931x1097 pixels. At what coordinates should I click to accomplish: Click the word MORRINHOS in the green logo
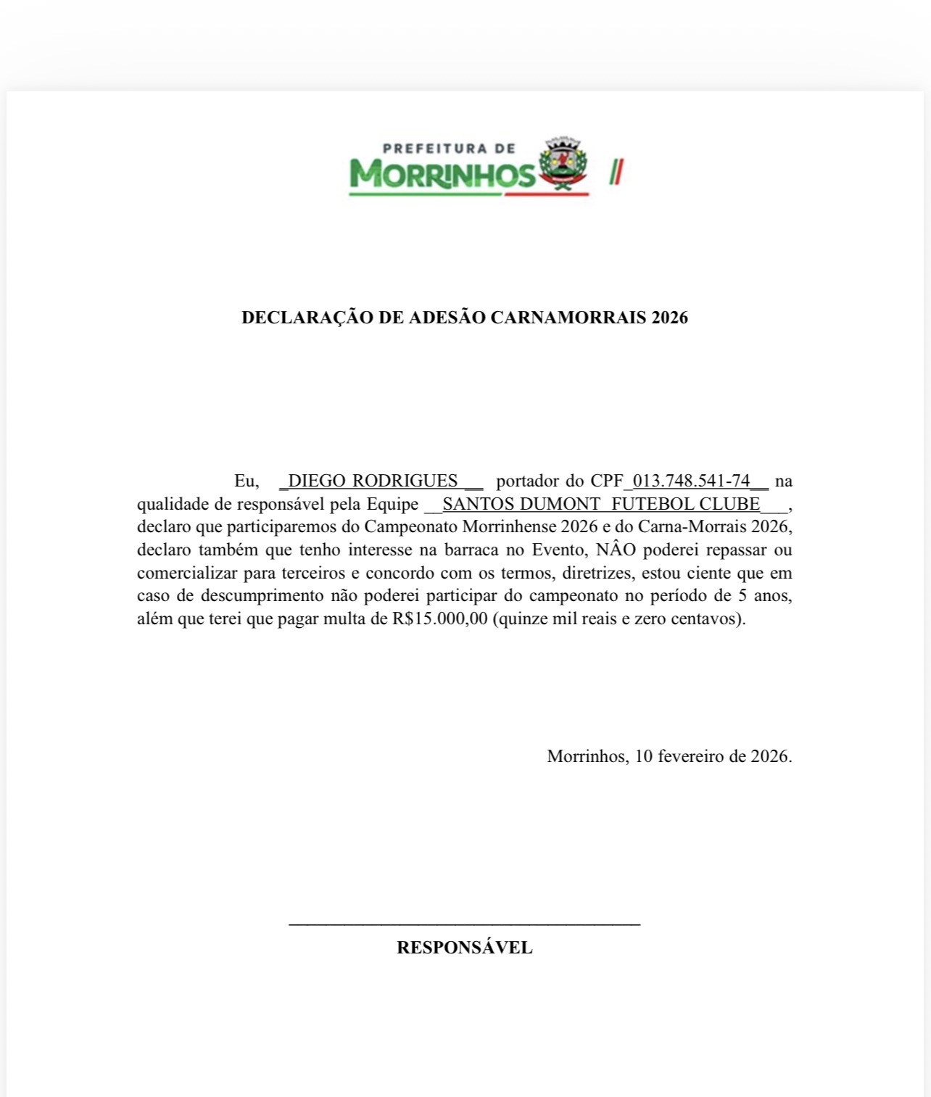pyautogui.click(x=442, y=174)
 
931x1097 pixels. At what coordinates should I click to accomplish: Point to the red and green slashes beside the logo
pyautogui.click(x=616, y=172)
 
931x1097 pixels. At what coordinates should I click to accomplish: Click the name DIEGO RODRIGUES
pyautogui.click(x=373, y=481)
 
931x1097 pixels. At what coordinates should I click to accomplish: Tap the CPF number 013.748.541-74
pyautogui.click(x=691, y=481)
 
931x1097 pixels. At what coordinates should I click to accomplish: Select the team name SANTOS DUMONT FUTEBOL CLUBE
pyautogui.click(x=601, y=504)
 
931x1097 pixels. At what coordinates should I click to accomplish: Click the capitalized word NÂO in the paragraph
pyautogui.click(x=616, y=550)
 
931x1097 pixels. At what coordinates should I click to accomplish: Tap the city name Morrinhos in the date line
pyautogui.click(x=587, y=756)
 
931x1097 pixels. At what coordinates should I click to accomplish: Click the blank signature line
pyautogui.click(x=464, y=923)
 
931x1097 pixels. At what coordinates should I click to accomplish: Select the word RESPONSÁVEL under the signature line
pyautogui.click(x=464, y=948)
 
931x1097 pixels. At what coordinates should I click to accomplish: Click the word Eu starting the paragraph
pyautogui.click(x=246, y=481)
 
